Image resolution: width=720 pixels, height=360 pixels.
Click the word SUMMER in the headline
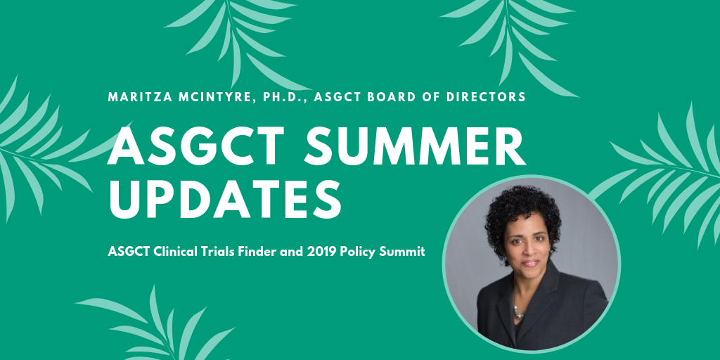click(x=415, y=146)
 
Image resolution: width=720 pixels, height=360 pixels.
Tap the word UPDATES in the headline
click(x=225, y=199)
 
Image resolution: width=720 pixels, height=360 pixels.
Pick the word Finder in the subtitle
click(x=253, y=252)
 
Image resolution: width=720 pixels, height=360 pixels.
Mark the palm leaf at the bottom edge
click(x=156, y=326)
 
